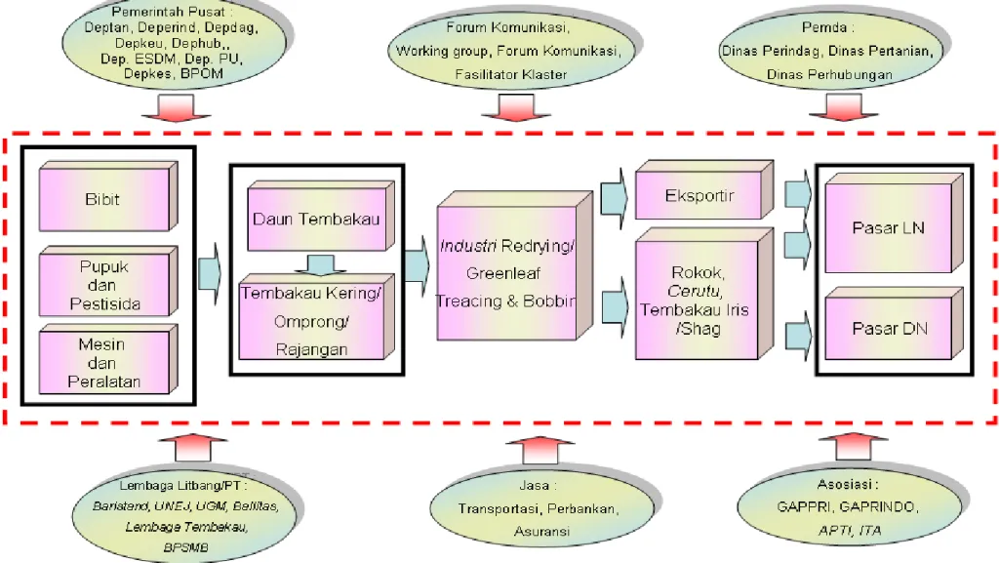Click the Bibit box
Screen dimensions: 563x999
point(103,199)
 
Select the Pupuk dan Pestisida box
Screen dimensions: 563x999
point(103,284)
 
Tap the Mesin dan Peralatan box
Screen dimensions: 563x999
point(103,363)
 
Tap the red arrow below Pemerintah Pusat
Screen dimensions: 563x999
point(184,110)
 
